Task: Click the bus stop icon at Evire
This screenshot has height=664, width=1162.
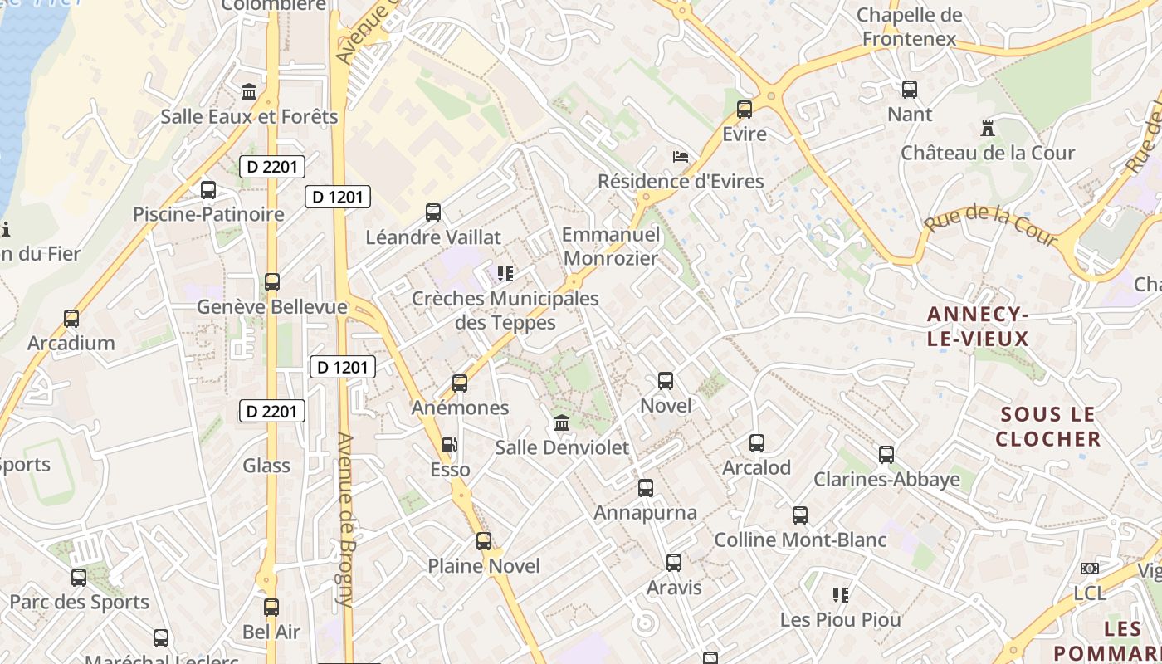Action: [x=745, y=109]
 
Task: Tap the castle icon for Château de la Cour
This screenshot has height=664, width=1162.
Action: [x=987, y=129]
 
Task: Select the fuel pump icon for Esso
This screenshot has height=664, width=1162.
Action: [x=449, y=445]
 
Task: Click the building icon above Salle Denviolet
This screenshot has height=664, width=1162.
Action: [x=562, y=423]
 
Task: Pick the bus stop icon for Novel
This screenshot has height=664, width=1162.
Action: [x=666, y=381]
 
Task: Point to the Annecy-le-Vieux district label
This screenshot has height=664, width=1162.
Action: [x=978, y=326]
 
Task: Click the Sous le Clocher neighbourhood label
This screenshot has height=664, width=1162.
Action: [x=1048, y=427]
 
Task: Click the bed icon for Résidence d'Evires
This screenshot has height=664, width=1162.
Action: [x=681, y=156]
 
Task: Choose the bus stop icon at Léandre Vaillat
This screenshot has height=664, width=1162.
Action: [x=433, y=212]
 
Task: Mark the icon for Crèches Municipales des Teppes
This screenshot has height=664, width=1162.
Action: [x=505, y=273]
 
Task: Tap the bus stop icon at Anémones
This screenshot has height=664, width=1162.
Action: [x=460, y=383]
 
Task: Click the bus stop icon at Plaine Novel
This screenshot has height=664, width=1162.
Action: [x=484, y=541]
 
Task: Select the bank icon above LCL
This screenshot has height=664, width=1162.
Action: [x=1090, y=569]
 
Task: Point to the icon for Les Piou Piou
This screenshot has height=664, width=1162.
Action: [x=841, y=594]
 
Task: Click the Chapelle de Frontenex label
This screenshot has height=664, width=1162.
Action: [x=910, y=27]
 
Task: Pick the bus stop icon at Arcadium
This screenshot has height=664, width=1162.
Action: [x=71, y=319]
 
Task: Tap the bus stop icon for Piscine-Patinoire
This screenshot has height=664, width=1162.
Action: [x=208, y=190]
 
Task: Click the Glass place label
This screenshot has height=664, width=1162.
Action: [x=266, y=466]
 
